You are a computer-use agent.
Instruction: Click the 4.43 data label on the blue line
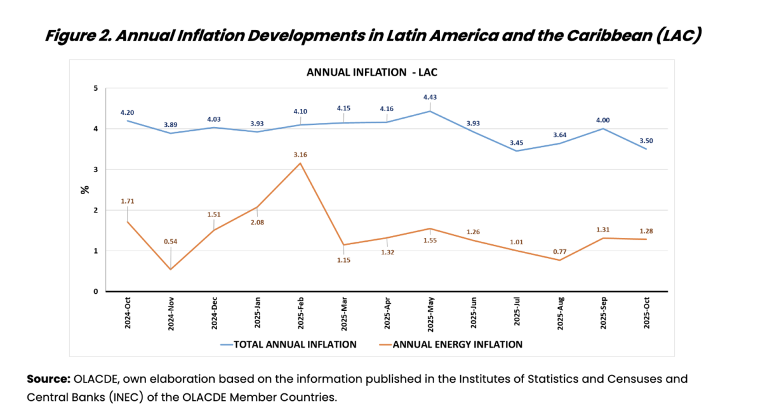coord(430,97)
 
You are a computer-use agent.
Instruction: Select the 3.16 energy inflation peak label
coord(300,154)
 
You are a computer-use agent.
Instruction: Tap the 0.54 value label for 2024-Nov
coord(171,241)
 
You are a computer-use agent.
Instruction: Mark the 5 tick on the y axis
coord(96,88)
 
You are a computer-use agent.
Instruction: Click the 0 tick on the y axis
coord(96,292)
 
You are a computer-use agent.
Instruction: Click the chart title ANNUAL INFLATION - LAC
coord(372,72)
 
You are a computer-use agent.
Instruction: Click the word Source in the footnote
coord(48,379)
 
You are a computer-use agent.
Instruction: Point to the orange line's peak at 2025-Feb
coord(300,163)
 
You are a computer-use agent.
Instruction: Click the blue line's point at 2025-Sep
coord(602,129)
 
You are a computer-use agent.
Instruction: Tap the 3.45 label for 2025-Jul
coord(516,139)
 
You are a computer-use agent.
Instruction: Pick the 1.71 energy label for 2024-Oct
coord(128,201)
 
